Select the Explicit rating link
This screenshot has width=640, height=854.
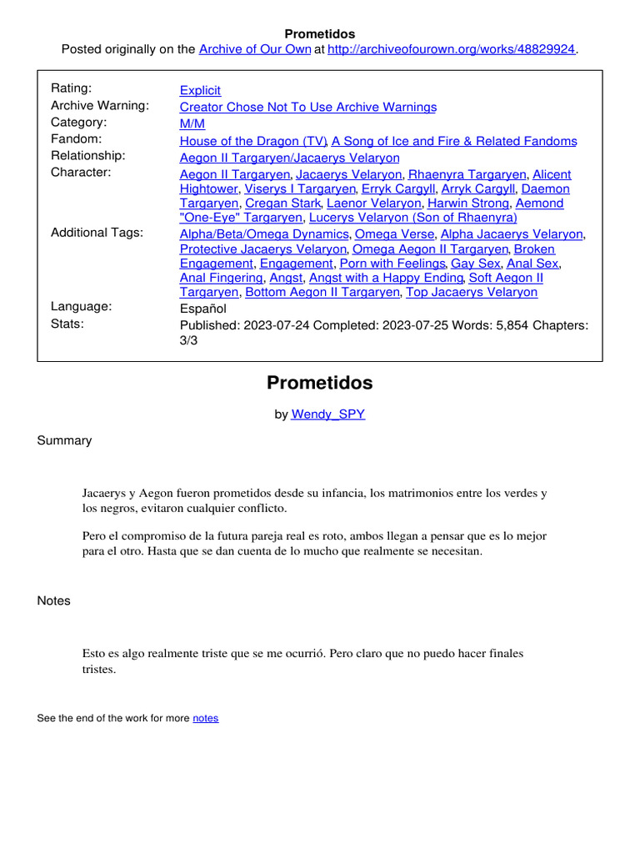point(200,90)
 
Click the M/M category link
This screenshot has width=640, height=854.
point(192,124)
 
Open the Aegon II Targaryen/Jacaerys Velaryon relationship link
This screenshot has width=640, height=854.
point(289,158)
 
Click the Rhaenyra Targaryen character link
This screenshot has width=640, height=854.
point(467,174)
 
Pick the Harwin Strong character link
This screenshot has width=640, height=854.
point(467,203)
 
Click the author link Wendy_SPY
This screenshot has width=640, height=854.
point(327,414)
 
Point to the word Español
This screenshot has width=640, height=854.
point(203,308)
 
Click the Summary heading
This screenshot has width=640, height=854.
point(64,440)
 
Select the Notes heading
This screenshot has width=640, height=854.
point(53,600)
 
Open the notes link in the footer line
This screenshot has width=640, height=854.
point(205,718)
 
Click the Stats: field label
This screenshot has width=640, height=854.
point(67,323)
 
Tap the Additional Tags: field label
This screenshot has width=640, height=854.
point(97,233)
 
